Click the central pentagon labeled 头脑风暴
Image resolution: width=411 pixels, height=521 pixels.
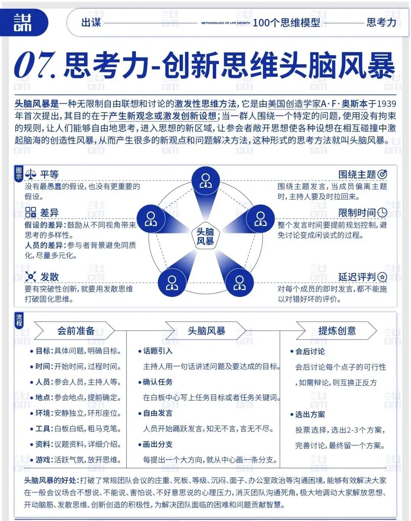pyautogui.click(x=205, y=236)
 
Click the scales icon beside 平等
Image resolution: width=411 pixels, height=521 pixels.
pyautogui.click(x=30, y=174)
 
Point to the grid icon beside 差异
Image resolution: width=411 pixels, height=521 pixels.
pyautogui.click(x=30, y=212)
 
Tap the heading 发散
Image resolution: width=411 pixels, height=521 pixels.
pyautogui.click(x=49, y=277)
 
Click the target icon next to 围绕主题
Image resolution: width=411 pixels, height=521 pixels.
pyautogui.click(x=382, y=174)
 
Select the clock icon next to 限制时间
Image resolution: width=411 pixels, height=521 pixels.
pyautogui.click(x=382, y=212)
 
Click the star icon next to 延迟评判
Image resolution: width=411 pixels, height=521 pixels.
pyautogui.click(x=382, y=277)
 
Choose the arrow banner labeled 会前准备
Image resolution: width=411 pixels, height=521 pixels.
pyautogui.click(x=75, y=331)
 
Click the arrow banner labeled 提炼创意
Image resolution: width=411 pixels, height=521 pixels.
pyautogui.click(x=337, y=331)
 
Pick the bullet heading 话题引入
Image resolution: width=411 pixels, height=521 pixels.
pyautogui.click(x=158, y=351)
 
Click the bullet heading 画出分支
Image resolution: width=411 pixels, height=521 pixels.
pyautogui.click(x=158, y=444)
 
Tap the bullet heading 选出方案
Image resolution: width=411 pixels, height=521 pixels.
pyautogui.click(x=310, y=414)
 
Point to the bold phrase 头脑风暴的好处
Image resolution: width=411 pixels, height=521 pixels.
pyautogui.click(x=50, y=481)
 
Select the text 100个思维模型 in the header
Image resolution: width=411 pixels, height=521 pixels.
pyautogui.click(x=286, y=23)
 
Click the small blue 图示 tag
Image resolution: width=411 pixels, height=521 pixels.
pyautogui.click(x=19, y=173)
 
